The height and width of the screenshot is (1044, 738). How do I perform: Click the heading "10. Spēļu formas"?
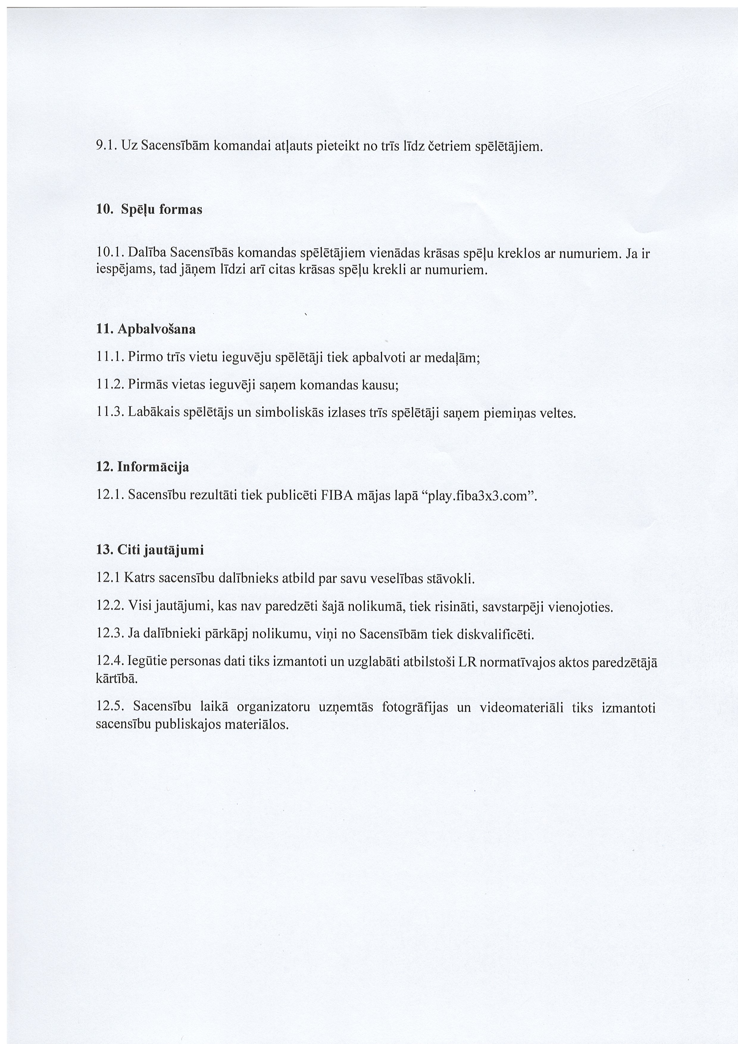pyautogui.click(x=149, y=210)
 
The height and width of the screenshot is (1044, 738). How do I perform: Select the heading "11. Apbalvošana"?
pyautogui.click(x=146, y=329)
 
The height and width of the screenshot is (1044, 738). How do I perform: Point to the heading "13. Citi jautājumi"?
pyautogui.click(x=150, y=550)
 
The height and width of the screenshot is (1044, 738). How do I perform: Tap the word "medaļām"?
pyautogui.click(x=451, y=358)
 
